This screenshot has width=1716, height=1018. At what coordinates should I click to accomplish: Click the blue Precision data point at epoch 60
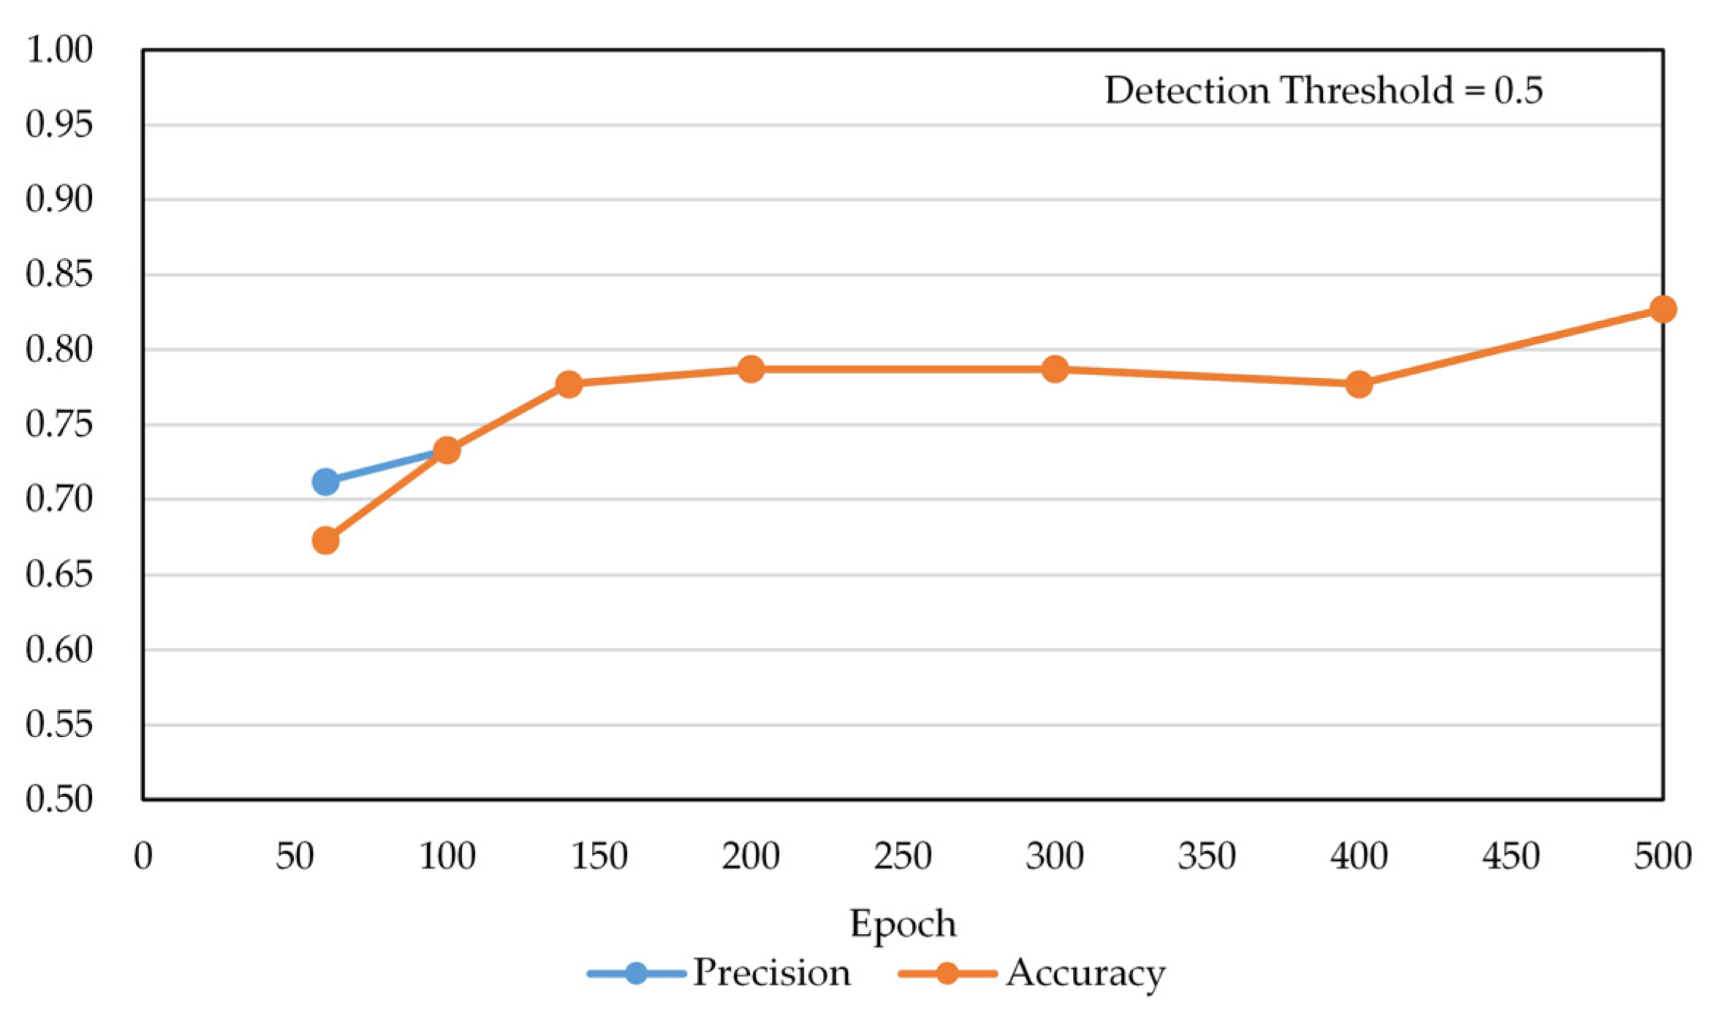tap(325, 482)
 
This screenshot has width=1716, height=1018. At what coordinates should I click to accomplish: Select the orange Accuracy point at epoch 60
tap(325, 541)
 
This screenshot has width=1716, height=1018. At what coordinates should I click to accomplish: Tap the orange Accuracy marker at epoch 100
tap(447, 450)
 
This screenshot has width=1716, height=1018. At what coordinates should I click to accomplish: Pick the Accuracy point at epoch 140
tap(569, 384)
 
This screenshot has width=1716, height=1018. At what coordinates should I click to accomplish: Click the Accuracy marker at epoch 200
tap(751, 369)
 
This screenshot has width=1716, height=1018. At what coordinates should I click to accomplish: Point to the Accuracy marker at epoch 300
tap(1055, 369)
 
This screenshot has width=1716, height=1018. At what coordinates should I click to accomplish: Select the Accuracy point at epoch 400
tap(1359, 384)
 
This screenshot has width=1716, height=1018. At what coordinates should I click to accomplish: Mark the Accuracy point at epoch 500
tap(1663, 309)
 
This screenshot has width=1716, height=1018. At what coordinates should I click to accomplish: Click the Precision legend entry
tap(720, 973)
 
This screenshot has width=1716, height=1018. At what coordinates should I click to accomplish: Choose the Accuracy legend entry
tap(1032, 973)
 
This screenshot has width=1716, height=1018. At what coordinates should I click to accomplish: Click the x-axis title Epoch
tap(903, 924)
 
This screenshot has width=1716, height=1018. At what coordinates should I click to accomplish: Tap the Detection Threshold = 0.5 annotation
tap(1323, 91)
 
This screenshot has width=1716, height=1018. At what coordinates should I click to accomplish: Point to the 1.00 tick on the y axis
tap(60, 50)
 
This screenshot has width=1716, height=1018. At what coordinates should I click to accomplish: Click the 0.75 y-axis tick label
tap(60, 425)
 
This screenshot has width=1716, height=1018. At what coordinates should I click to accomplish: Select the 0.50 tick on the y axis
tap(60, 799)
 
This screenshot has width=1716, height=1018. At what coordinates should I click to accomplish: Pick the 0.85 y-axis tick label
tap(60, 275)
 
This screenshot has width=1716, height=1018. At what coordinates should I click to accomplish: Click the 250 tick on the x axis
tap(903, 856)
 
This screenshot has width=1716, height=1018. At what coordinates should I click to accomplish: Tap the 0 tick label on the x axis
tap(143, 856)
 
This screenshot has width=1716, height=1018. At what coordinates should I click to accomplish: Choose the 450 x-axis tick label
tap(1511, 856)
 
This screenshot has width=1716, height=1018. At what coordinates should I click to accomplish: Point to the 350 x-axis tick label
tap(1207, 856)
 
